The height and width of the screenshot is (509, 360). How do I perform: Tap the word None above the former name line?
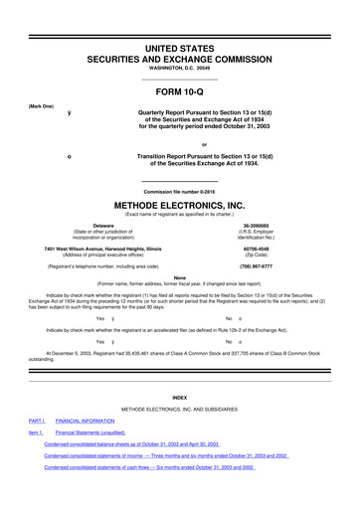coord(180,277)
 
